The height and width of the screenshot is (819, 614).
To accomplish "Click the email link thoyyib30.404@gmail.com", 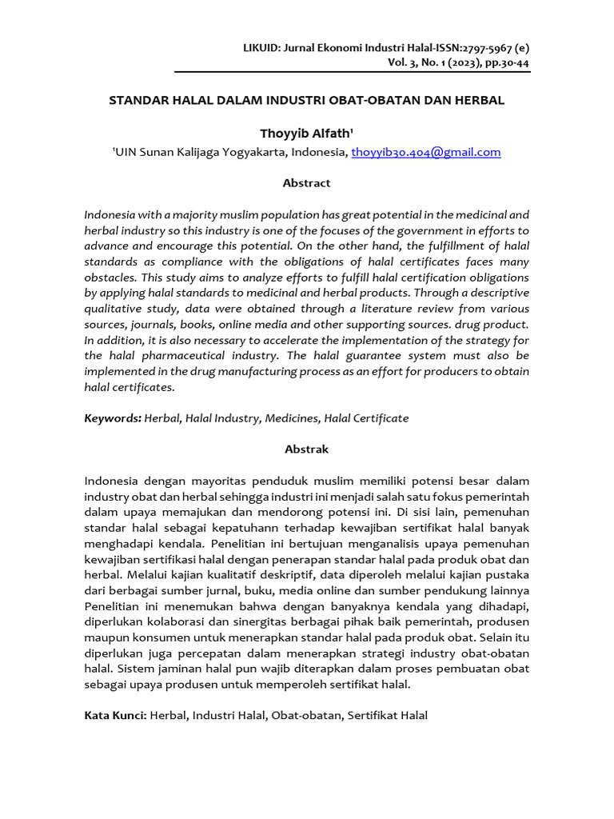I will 425,152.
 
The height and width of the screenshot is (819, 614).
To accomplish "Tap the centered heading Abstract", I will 306,183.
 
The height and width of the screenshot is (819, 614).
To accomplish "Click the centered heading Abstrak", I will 306,449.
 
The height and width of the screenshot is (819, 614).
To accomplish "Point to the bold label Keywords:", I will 113,418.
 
